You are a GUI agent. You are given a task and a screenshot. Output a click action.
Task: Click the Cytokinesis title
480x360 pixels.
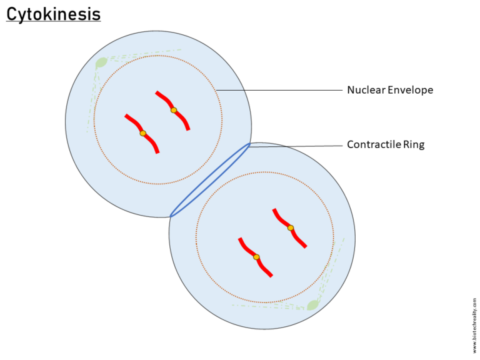coord(53,13)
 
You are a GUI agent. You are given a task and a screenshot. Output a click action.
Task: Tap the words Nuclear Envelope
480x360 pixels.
coord(390,90)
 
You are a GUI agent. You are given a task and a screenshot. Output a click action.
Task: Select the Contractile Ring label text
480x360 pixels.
coord(386,145)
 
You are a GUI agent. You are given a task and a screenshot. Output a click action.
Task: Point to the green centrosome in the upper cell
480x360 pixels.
coord(101,62)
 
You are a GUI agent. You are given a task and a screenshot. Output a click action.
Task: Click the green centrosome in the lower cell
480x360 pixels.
coord(312,305)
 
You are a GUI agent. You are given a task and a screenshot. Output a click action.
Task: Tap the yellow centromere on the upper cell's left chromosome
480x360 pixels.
coord(142,133)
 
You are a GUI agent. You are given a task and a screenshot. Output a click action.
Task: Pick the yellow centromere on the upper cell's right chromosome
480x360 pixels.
coord(174,111)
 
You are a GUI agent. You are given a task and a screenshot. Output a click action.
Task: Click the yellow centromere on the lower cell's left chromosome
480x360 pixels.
coord(256,257)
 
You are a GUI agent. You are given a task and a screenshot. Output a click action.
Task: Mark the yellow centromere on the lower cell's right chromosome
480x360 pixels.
coord(291,228)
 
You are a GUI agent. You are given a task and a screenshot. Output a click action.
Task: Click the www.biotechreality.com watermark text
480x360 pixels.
coord(474,326)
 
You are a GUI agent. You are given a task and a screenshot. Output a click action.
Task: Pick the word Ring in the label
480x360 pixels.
coord(413,145)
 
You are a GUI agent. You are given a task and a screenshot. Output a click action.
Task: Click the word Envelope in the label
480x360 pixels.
coord(410,90)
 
